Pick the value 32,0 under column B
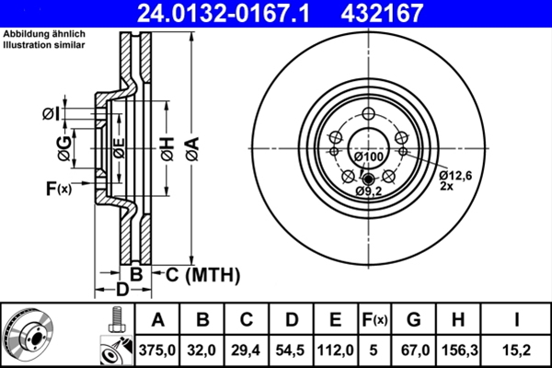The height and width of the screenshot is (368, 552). [x=203, y=349]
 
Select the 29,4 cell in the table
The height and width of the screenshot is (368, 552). [x=247, y=349]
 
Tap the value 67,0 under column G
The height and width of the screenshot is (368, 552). [x=413, y=349]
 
